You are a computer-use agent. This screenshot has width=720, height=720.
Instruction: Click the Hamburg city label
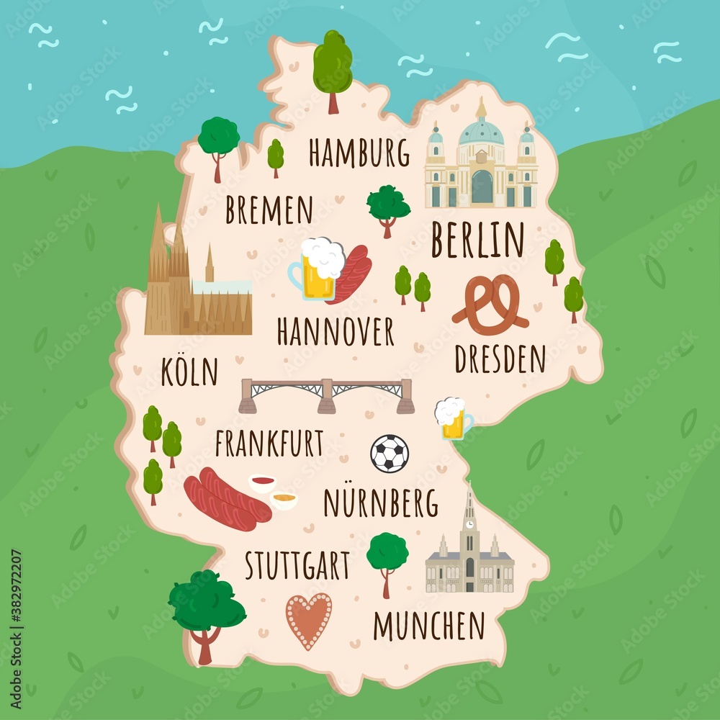359,153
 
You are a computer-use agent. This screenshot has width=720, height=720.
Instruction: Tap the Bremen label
269,210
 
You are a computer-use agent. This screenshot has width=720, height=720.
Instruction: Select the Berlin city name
477,240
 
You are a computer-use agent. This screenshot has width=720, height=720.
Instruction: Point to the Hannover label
336,331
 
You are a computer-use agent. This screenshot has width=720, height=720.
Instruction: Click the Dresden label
500,359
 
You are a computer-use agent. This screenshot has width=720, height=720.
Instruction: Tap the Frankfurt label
269,444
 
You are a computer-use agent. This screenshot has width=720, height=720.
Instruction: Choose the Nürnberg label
381,503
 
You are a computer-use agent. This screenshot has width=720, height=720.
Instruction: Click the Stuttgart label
297,566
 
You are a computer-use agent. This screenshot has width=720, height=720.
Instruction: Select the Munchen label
429,625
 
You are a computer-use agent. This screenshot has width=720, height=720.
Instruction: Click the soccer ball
390,454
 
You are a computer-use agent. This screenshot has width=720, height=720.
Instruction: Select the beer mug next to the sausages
318,269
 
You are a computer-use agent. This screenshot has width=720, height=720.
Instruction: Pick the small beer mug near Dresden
452,419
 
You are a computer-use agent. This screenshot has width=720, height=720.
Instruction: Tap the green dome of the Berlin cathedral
481,132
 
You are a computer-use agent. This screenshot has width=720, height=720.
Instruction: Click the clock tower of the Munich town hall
469,517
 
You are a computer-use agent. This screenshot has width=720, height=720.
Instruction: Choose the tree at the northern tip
333,65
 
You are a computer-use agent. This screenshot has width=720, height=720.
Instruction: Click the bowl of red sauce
262,482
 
